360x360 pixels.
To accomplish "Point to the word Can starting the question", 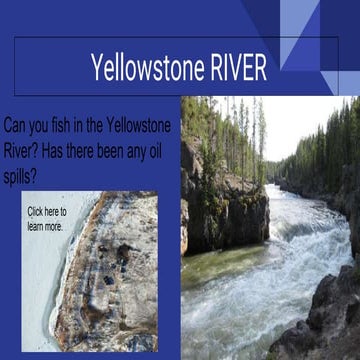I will coord(19,125).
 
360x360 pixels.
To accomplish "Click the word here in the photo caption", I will coord(57,211).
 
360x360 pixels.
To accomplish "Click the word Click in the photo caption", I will coord(36,211).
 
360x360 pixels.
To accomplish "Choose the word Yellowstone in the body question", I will coord(136,125).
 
